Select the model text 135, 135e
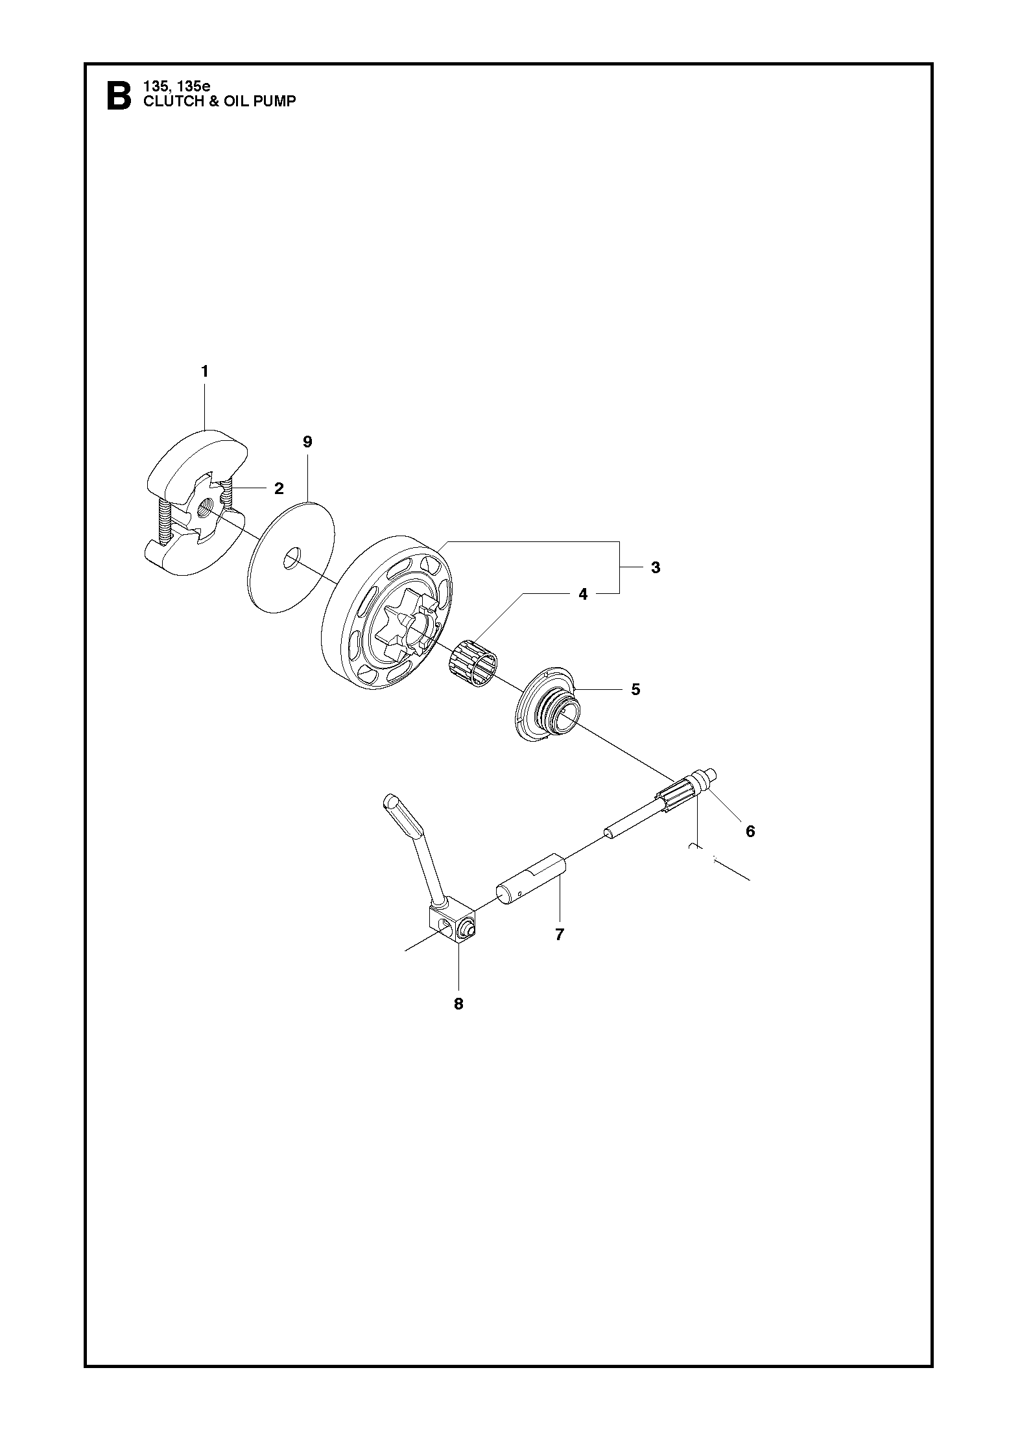172,86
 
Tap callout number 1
205,372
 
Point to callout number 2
279,488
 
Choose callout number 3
656,567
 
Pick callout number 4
583,594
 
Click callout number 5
635,689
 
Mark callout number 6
750,831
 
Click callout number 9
307,442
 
